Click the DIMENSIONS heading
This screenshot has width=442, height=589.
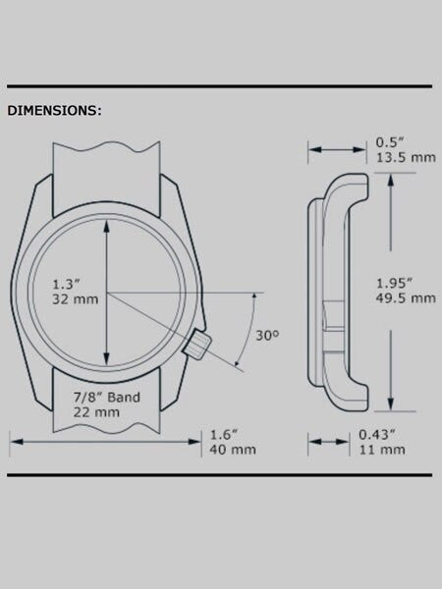(54, 110)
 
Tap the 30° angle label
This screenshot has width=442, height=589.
(267, 336)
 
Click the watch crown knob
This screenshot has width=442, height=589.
(197, 345)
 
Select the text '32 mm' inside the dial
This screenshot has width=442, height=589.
(76, 299)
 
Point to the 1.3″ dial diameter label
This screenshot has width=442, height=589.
(66, 284)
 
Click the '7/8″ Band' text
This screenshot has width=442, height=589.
(107, 397)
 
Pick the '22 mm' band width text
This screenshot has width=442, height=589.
(96, 412)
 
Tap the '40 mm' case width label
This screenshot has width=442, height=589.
(233, 450)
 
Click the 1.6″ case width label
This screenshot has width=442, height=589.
(224, 435)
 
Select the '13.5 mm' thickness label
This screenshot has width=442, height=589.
(407, 157)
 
